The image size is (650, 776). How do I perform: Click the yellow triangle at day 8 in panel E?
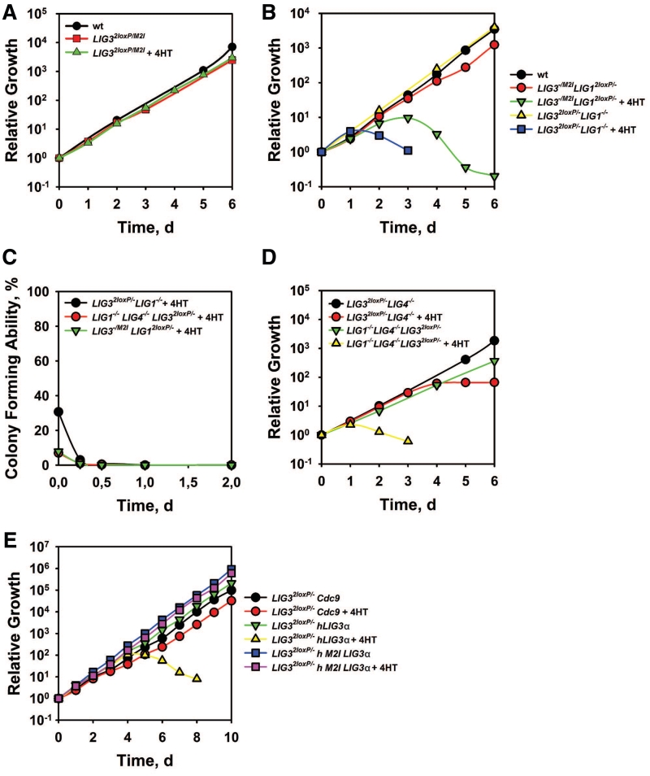pos(197,678)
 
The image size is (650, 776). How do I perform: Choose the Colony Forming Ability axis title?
pos(14,377)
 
